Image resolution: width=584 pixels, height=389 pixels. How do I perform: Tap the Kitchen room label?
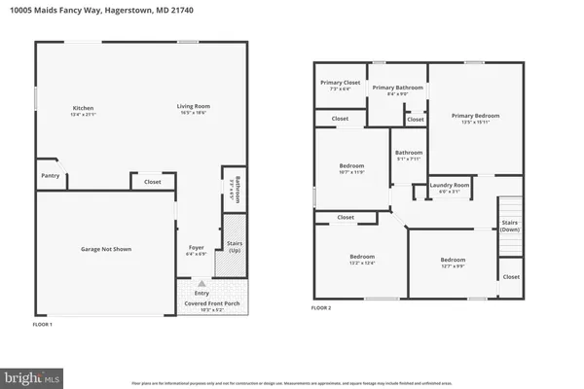pos(84,110)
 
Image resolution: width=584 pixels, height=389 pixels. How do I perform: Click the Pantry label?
pos(50,176)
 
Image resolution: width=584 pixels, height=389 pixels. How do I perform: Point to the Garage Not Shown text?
pos(105,249)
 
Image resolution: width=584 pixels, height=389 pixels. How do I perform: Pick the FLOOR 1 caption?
pos(43,322)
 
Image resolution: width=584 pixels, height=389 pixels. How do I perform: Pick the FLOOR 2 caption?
pos(321,308)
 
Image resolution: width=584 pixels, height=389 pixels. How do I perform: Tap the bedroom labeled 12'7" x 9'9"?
pos(452,263)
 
